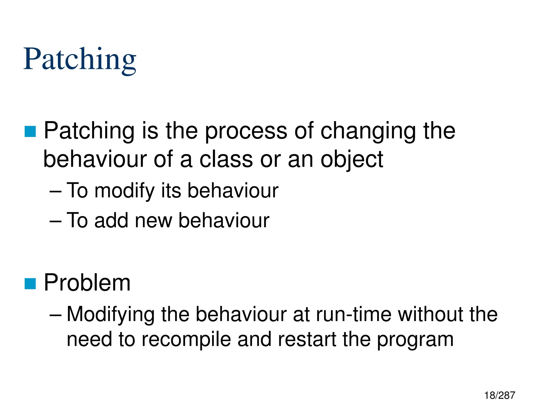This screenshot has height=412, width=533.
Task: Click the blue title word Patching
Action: tap(80, 59)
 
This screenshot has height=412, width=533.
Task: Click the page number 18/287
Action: tap(499, 395)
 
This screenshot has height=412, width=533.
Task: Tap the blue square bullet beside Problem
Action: tap(30, 284)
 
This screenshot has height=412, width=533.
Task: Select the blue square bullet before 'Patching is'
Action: tap(30, 132)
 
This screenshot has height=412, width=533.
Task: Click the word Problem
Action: tap(87, 283)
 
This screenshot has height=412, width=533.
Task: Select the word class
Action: tap(226, 159)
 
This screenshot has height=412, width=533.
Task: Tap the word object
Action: tap(352, 159)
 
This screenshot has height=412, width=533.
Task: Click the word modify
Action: tap(125, 191)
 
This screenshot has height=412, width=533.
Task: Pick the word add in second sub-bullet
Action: tap(111, 220)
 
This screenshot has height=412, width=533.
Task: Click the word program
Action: tap(415, 340)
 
